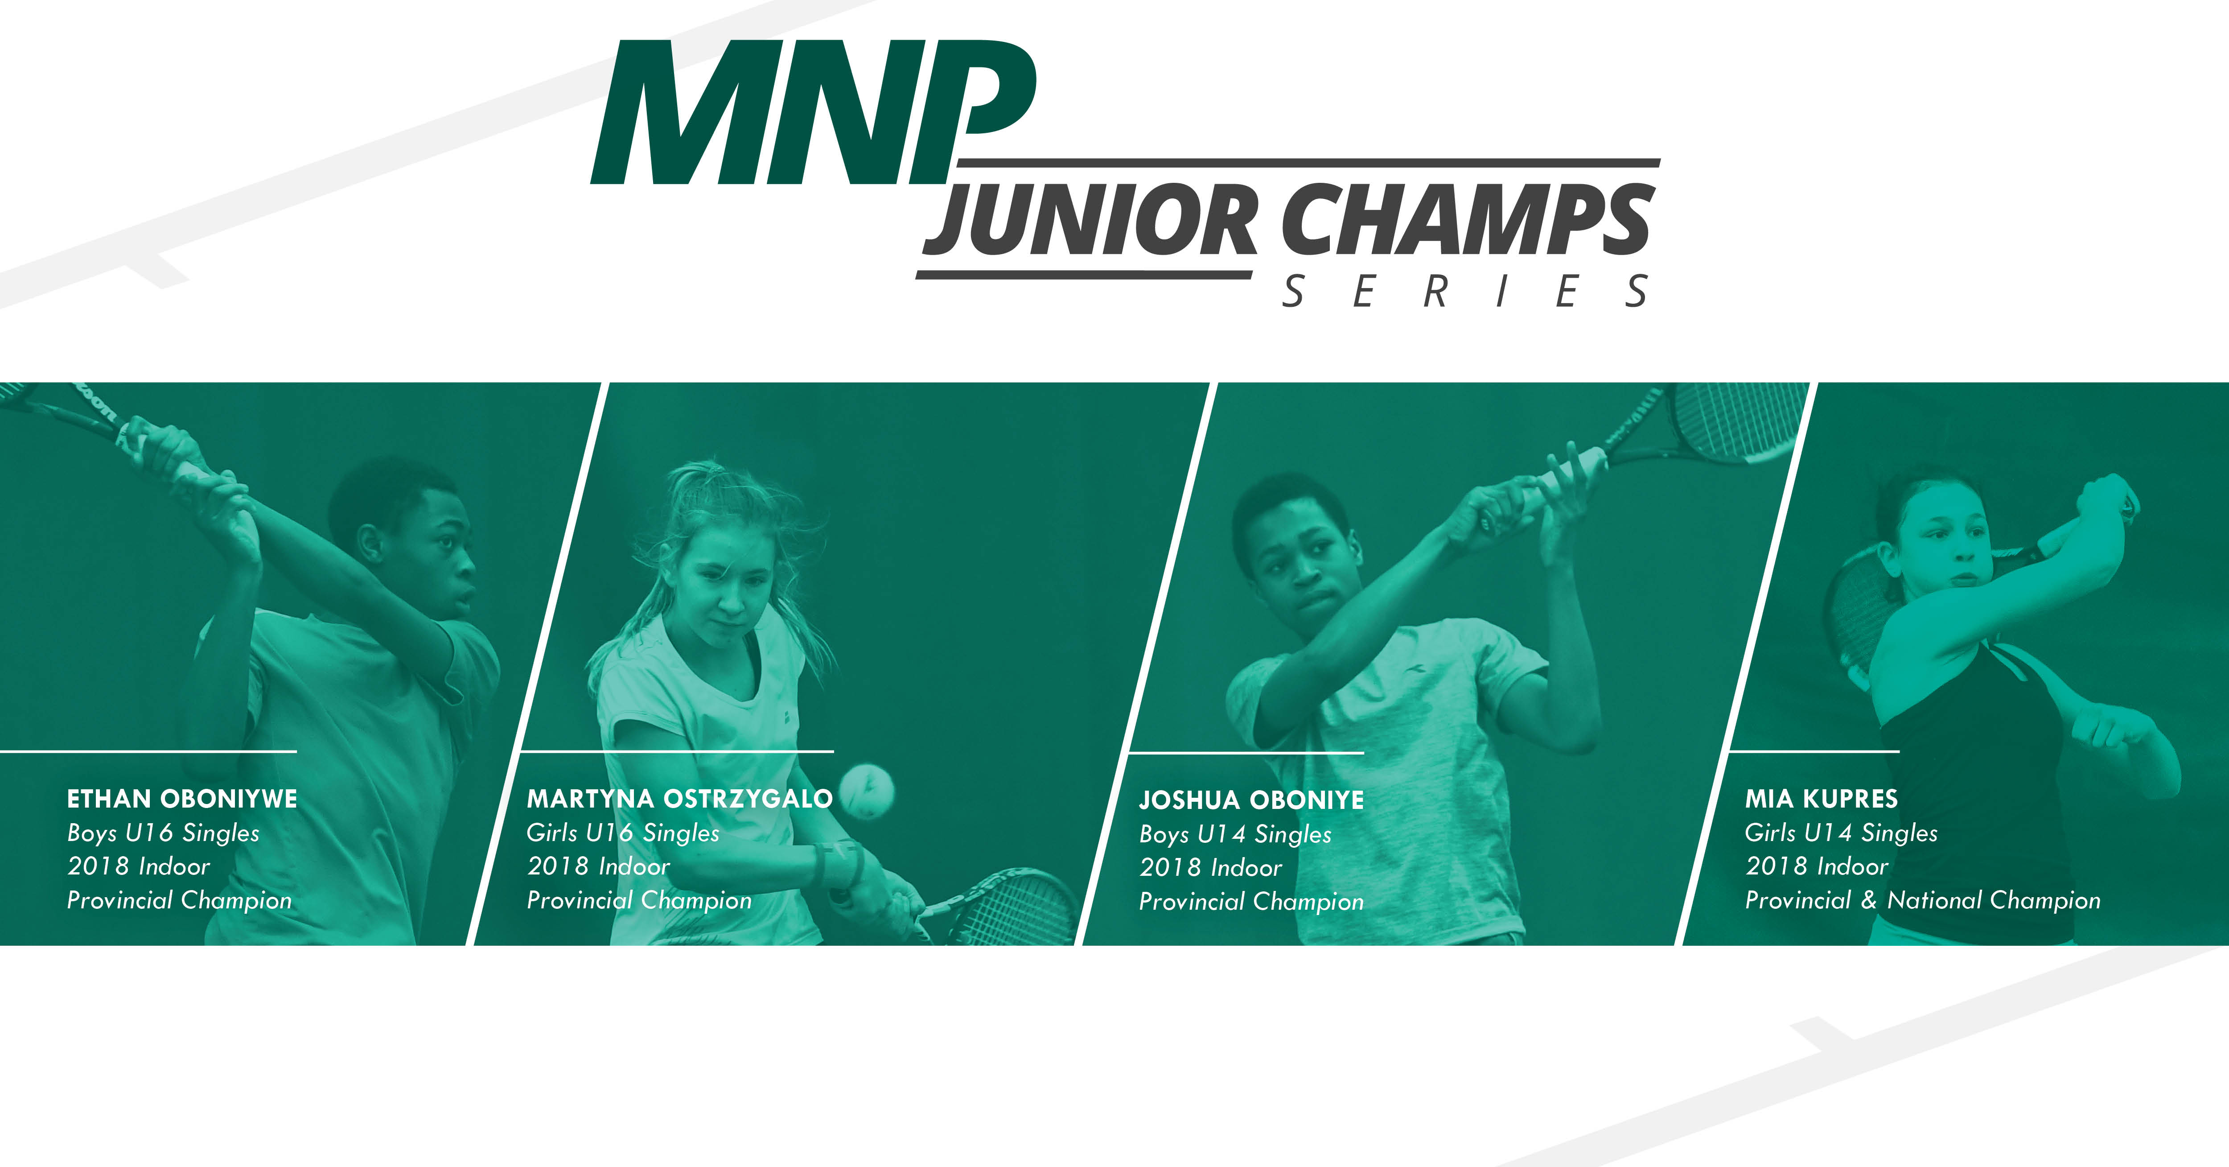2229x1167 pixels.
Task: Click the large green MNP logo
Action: pos(814,112)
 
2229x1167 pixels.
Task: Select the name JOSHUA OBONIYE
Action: pos(1251,800)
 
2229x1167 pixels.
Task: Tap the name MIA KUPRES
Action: pos(1822,798)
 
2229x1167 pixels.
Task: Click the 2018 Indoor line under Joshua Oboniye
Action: pos(1210,867)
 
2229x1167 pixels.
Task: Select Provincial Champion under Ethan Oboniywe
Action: pos(179,900)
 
